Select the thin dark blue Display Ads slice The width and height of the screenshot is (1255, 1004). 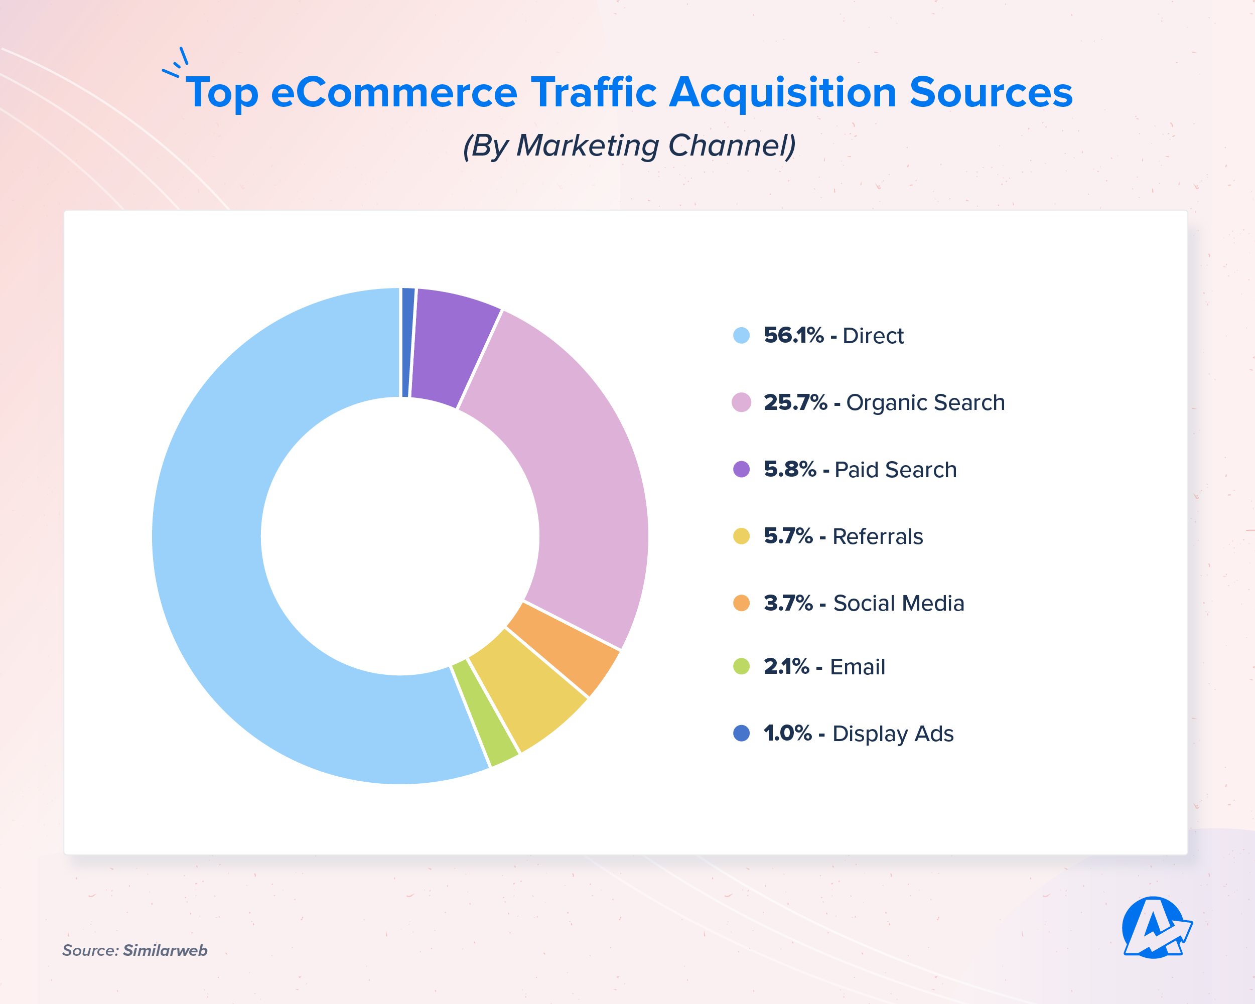pos(407,342)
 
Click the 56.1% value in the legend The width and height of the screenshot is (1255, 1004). pos(793,335)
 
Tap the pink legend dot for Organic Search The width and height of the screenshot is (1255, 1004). pos(741,402)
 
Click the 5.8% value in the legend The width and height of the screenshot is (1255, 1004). pos(789,469)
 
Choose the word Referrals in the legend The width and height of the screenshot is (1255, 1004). pos(877,536)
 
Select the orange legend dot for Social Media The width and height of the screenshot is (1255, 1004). pos(741,603)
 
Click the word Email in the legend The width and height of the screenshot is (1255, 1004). pos(857,667)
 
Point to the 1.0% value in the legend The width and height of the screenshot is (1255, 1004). pos(787,734)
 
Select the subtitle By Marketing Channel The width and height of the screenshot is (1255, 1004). pos(629,146)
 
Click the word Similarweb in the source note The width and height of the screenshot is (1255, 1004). pos(165,950)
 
